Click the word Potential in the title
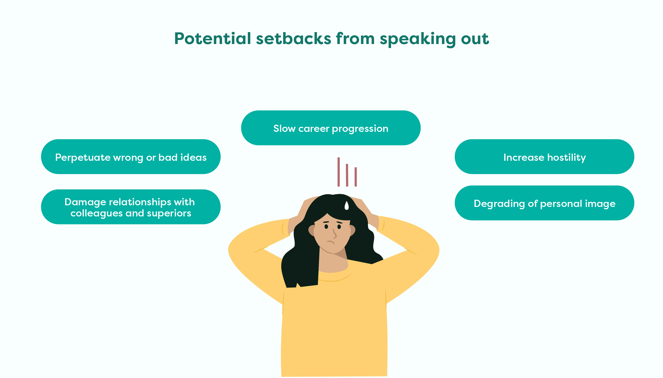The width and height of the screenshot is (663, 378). coord(213,38)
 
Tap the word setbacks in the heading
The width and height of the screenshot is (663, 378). coord(294,38)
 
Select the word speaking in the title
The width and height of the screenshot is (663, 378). coord(418,39)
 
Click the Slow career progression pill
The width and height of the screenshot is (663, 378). coord(331,128)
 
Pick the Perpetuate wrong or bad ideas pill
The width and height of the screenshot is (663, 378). coord(131,157)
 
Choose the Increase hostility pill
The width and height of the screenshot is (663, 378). coord(545,157)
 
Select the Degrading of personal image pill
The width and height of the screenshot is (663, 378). coord(545,203)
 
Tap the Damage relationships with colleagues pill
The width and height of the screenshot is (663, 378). coord(131,207)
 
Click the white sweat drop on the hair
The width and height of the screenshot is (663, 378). coord(346,206)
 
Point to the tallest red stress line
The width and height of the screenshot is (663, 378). coord(339,172)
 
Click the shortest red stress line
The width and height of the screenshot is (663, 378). coord(356,177)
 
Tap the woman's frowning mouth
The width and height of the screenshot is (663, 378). coord(331,242)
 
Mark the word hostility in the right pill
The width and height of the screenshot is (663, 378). coord(567,158)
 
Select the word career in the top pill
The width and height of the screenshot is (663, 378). coord(314,129)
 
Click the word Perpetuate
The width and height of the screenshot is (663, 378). coord(83,158)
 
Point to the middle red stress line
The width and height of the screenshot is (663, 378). coord(347,175)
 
